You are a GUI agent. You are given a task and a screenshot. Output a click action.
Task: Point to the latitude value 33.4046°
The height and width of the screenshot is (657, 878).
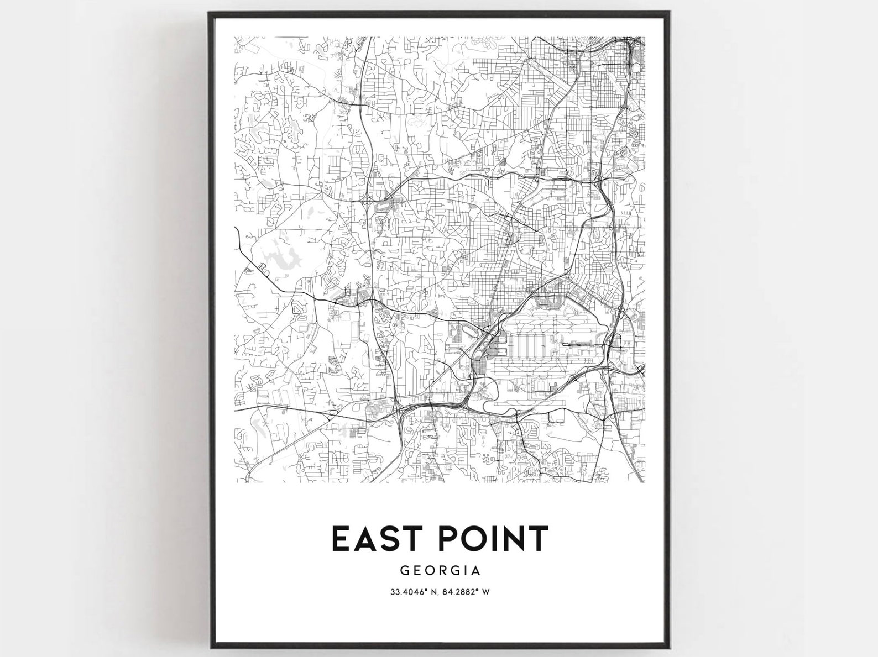pos(410,592)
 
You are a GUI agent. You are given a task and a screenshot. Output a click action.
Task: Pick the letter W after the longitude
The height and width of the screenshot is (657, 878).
pos(486,592)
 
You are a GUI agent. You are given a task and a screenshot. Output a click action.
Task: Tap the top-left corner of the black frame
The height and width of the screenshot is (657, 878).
pos(209,13)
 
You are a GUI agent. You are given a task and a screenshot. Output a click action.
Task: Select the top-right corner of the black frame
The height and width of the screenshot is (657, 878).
pos(671,13)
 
